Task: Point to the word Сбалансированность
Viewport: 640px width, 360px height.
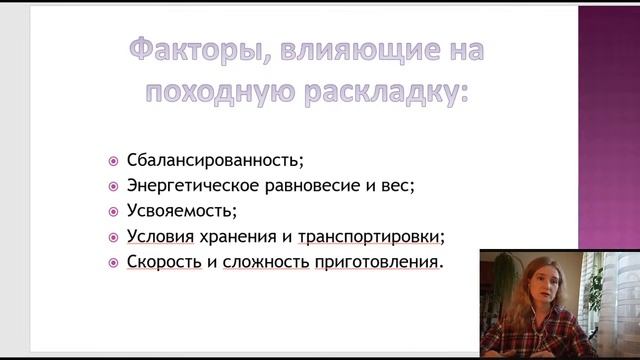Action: point(215,160)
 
